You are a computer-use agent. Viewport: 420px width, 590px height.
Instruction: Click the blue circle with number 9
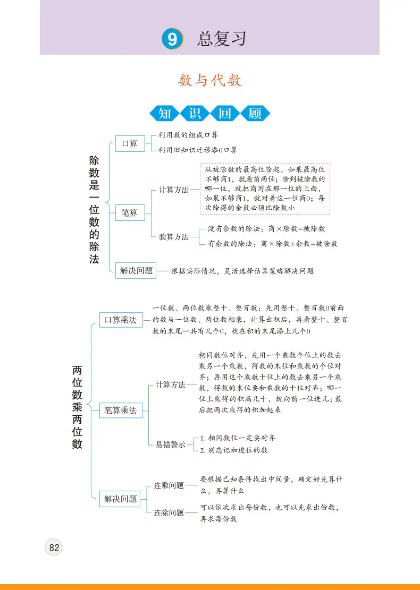173,39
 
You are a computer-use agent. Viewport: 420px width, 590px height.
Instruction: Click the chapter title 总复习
222,39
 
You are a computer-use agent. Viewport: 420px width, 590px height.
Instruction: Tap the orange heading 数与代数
210,80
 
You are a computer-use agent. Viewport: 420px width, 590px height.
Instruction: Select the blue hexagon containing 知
165,113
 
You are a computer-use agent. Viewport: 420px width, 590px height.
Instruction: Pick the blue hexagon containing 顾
255,113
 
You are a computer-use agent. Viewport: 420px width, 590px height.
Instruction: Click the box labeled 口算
130,143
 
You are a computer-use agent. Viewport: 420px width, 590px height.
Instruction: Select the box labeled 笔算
130,212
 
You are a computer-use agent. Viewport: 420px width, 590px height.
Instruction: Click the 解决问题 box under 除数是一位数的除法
136,270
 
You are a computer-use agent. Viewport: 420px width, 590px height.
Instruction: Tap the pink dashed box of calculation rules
265,189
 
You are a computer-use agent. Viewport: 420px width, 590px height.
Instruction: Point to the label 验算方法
174,237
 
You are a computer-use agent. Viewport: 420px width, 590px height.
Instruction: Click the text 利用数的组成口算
188,135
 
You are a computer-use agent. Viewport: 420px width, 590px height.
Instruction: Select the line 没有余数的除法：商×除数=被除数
266,229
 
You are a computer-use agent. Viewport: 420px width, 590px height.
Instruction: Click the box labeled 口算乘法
121,320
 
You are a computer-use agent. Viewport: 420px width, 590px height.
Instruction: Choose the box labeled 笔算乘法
121,410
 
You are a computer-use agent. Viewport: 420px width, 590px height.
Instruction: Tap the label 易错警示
170,445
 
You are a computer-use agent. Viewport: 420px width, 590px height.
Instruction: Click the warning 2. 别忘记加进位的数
233,450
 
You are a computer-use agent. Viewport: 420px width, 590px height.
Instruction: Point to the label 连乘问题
169,486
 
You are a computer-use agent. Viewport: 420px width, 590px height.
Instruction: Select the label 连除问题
169,513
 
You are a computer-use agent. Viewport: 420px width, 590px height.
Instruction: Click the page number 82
54,548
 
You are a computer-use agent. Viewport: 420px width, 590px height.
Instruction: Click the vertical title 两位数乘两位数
77,407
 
